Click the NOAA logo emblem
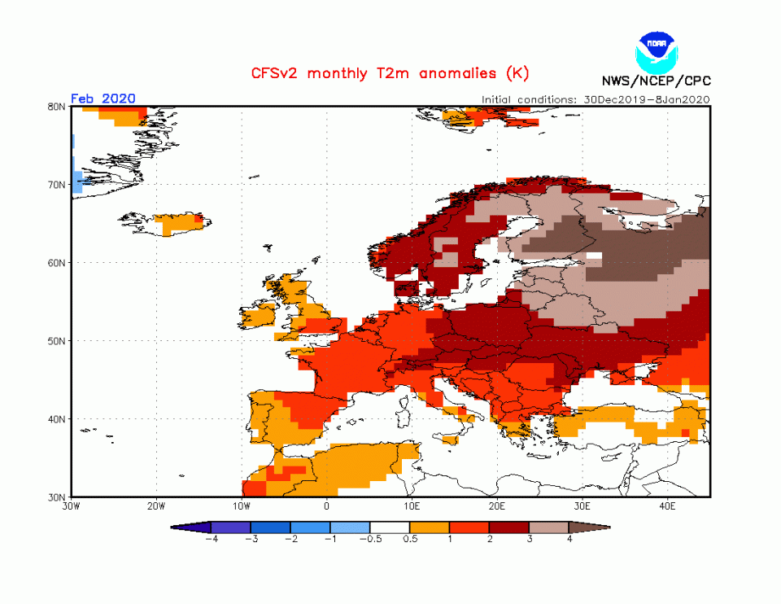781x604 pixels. click(x=656, y=50)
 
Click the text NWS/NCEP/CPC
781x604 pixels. click(x=656, y=81)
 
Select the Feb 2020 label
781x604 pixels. click(x=103, y=98)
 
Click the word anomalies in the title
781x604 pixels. click(x=452, y=73)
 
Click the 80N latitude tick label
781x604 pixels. click(x=57, y=107)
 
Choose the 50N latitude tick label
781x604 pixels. click(x=57, y=341)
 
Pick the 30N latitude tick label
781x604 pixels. click(x=57, y=497)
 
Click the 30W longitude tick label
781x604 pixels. click(x=71, y=507)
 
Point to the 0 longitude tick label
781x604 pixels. click(x=326, y=507)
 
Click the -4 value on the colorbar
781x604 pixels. click(x=211, y=539)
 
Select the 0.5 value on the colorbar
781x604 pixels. click(x=411, y=539)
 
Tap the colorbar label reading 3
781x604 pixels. click(x=530, y=539)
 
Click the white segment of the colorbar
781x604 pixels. click(x=390, y=527)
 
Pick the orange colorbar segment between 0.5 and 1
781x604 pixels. click(x=430, y=527)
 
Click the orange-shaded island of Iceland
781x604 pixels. click(x=175, y=223)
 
